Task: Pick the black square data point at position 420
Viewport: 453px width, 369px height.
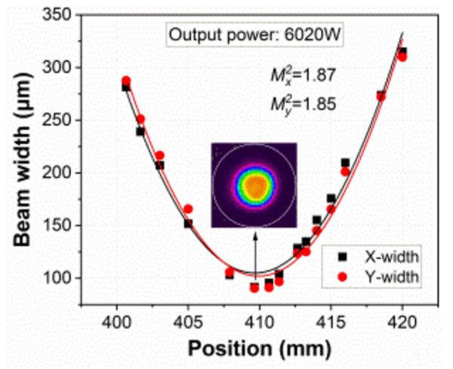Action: [402, 51]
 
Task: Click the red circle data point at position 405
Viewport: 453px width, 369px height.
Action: [188, 209]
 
